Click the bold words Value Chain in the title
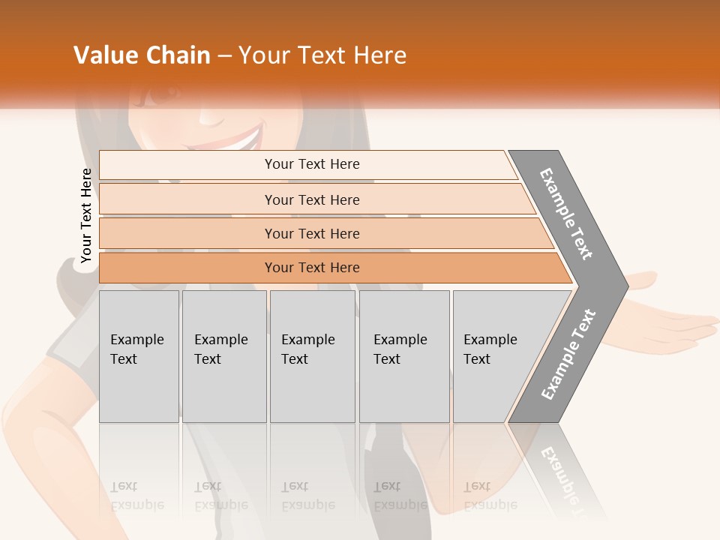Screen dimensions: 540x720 (x=142, y=55)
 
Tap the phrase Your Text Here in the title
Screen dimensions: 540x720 (x=322, y=55)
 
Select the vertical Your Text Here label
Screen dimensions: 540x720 (x=86, y=216)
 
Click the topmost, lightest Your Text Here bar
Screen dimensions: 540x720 (x=312, y=164)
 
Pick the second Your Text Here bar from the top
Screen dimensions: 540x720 (x=312, y=199)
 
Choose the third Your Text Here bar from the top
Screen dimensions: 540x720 (x=312, y=233)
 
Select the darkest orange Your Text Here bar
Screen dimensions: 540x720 (x=312, y=268)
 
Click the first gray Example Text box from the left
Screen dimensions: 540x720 (x=139, y=356)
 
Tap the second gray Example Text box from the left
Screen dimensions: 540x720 (x=224, y=356)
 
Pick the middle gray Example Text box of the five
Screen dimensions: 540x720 (x=312, y=356)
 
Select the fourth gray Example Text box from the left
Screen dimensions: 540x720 (x=404, y=356)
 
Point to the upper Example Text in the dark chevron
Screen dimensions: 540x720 (x=566, y=214)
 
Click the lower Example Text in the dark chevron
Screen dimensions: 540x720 (x=568, y=355)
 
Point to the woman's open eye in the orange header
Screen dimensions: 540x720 (x=161, y=95)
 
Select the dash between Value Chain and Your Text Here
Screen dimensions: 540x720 (x=224, y=56)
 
